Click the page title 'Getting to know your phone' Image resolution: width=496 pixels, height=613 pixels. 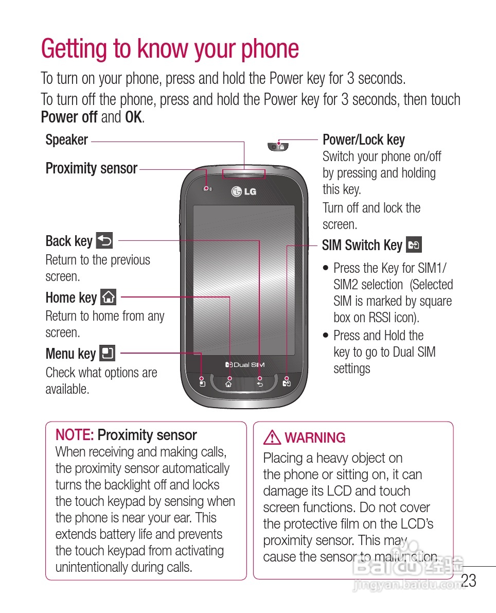click(170, 49)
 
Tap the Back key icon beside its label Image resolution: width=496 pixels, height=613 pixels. click(104, 240)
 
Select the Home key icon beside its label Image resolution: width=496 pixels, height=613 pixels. click(109, 297)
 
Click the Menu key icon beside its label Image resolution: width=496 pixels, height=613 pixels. click(107, 354)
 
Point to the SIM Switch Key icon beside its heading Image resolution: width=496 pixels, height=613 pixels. click(414, 245)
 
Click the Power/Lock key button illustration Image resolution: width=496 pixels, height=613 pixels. click(278, 147)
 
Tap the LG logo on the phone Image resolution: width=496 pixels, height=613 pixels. click(244, 192)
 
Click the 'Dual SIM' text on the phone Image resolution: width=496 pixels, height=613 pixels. click(245, 364)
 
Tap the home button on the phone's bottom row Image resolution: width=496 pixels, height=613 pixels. click(228, 384)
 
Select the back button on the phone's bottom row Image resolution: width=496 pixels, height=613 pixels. click(259, 384)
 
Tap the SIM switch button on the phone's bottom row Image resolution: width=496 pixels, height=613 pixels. click(287, 383)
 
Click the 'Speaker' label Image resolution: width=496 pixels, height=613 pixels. click(67, 140)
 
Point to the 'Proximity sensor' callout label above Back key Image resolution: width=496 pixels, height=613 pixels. click(92, 168)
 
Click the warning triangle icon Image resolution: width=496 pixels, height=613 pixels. click(271, 438)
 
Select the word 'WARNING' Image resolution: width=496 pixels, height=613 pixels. click(315, 438)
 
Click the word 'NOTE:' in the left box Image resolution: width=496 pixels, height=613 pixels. click(75, 435)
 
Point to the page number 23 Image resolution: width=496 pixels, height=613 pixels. click(468, 581)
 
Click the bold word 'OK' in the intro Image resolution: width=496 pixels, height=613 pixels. click(133, 117)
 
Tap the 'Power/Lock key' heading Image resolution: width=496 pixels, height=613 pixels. click(363, 140)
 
